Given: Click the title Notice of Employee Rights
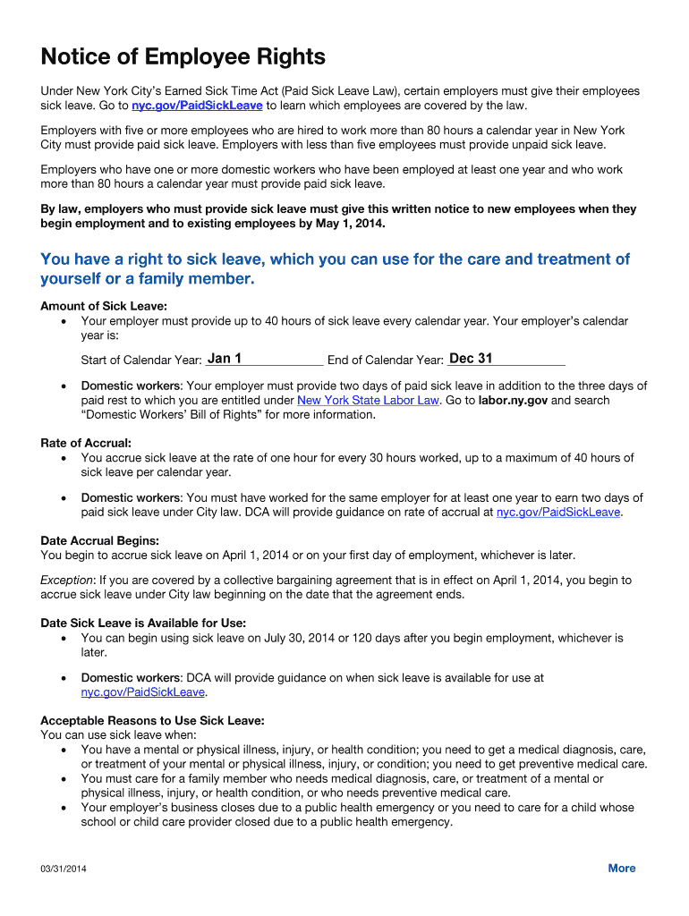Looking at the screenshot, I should coord(183,58).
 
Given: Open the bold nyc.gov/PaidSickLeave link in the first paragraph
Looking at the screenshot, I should coord(197,106).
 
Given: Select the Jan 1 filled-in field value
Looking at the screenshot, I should coord(224,359).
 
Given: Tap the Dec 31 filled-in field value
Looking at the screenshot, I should coord(471,359).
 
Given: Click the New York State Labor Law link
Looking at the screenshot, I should coord(368,401).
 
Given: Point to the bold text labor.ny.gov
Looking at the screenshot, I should coord(513,401).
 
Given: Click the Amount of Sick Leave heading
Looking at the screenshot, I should coord(104,306).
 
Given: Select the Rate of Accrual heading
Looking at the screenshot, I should coord(86,443).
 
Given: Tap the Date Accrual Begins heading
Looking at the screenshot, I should coord(100,540).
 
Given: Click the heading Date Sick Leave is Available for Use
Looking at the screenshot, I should coord(143,623).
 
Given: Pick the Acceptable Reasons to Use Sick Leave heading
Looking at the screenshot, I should coord(152,720).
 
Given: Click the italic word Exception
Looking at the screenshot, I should coord(67,581).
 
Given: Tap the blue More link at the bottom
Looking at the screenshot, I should coord(621,869).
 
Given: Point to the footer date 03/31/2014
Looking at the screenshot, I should coord(64,869).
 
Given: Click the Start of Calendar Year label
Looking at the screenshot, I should coord(140,360).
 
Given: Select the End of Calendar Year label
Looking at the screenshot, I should coord(385,360).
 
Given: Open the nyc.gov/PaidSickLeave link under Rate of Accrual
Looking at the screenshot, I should coord(557,513).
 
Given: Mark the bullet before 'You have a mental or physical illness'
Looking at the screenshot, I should coord(62,750).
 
